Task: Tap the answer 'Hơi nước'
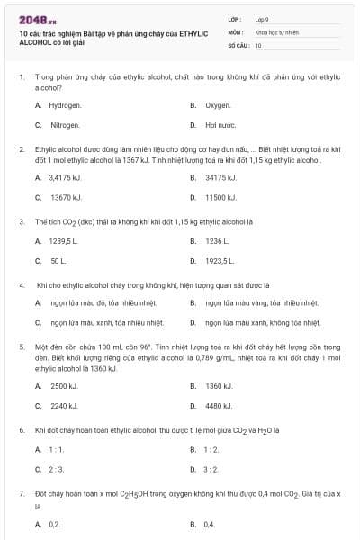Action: coord(220,125)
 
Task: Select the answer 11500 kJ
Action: coord(220,197)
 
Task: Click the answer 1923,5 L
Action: coord(219,261)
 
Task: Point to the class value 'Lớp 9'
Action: coord(262,18)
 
